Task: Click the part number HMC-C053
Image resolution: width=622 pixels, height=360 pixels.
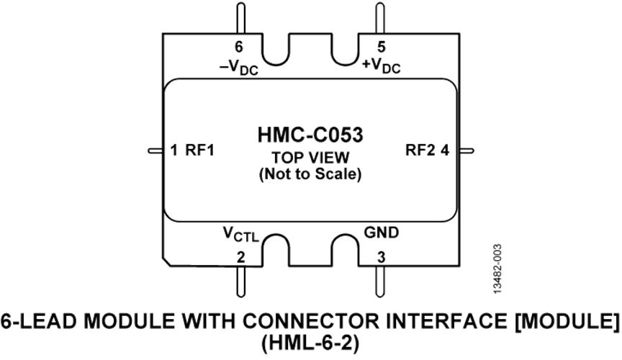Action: pyautogui.click(x=310, y=135)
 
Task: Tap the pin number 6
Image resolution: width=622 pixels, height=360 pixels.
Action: pyautogui.click(x=239, y=48)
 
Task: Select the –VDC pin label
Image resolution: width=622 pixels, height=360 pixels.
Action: pyautogui.click(x=239, y=67)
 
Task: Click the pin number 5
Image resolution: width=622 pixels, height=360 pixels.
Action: pyautogui.click(x=381, y=48)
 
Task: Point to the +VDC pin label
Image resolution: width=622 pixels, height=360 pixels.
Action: pyautogui.click(x=382, y=66)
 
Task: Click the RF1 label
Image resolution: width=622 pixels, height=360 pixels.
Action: pyautogui.click(x=200, y=150)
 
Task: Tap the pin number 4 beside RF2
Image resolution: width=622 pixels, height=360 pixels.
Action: pyautogui.click(x=445, y=150)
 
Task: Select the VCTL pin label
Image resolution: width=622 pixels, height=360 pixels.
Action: pyautogui.click(x=240, y=234)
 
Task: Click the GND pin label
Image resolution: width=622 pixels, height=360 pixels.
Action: pyautogui.click(x=382, y=232)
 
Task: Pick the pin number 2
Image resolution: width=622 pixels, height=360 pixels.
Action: pyautogui.click(x=240, y=258)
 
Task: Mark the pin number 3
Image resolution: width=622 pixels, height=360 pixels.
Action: pyautogui.click(x=381, y=258)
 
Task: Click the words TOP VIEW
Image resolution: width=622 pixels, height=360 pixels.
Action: pyautogui.click(x=310, y=158)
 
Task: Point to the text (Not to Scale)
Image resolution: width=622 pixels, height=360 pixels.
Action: pyautogui.click(x=310, y=174)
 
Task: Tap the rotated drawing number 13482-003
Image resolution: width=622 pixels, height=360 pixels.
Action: pyautogui.click(x=498, y=269)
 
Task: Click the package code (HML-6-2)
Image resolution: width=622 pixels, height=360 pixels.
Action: pyautogui.click(x=310, y=343)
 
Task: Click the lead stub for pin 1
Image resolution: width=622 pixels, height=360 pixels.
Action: pyautogui.click(x=155, y=150)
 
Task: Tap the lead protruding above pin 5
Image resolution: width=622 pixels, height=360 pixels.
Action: pyautogui.click(x=380, y=18)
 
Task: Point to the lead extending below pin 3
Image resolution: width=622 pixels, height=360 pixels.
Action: pyautogui.click(x=380, y=282)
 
